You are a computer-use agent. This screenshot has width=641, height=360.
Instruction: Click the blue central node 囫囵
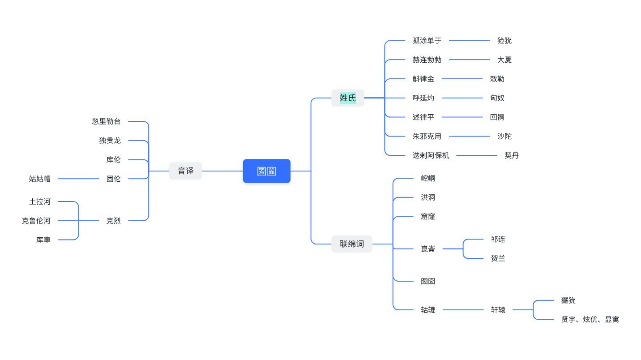266,171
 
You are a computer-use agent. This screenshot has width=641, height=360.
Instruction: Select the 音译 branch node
185,171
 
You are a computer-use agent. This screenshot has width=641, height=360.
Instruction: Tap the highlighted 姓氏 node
348,98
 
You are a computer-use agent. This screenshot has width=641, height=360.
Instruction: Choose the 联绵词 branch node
352,244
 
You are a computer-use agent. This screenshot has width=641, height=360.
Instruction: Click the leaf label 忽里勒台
106,121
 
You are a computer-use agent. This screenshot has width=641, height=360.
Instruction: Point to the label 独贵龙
110,141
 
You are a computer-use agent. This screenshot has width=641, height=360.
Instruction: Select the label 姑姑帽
40,179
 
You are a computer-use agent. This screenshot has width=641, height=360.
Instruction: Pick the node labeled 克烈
113,221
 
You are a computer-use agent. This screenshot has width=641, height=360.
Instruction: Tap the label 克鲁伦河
36,221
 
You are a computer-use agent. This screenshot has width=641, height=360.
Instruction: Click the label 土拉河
40,201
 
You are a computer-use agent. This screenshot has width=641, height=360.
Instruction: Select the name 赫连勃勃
427,60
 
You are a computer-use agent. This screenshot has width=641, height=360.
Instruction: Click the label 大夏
504,60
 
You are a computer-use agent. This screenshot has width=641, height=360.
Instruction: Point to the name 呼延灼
423,98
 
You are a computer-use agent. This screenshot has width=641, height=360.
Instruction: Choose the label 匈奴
497,98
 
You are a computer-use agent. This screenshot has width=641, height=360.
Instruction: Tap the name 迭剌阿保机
431,155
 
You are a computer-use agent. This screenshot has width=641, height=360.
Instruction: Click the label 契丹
512,155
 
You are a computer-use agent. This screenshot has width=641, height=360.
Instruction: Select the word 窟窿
428,217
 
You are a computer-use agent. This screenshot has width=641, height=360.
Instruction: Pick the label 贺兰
498,258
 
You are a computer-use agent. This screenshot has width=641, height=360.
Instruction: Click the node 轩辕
498,310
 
